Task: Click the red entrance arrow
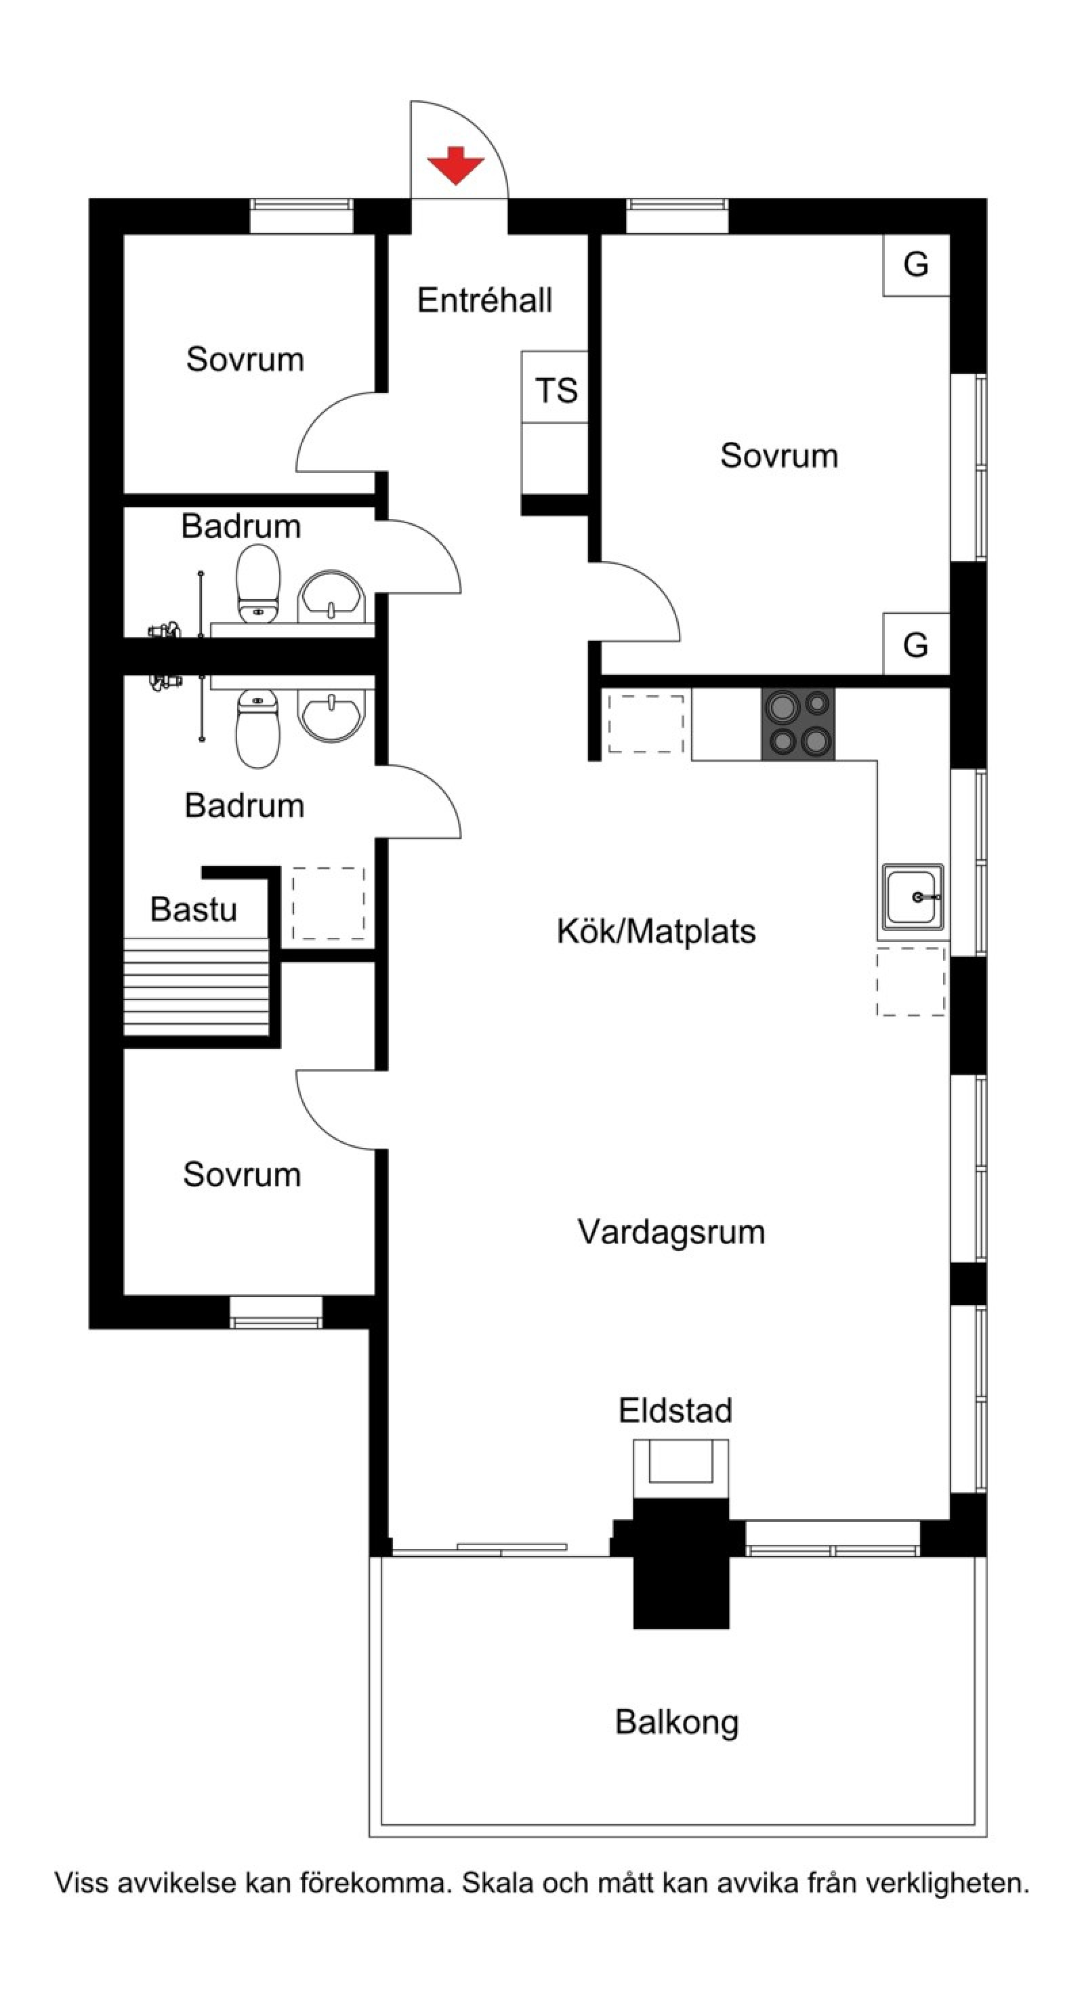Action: coord(455,165)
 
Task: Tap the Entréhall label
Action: coord(484,300)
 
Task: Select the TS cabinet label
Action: coord(556,390)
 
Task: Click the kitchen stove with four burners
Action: coord(797,724)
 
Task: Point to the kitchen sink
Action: coord(913,897)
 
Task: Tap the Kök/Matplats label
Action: coord(656,931)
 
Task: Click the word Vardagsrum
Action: coord(671,1231)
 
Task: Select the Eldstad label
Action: coord(675,1410)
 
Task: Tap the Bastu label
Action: coord(193,909)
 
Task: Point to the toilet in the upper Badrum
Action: coord(258,583)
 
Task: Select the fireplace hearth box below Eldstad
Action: coord(680,1468)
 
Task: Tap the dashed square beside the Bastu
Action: coord(328,903)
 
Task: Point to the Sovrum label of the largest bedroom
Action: coord(779,455)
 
